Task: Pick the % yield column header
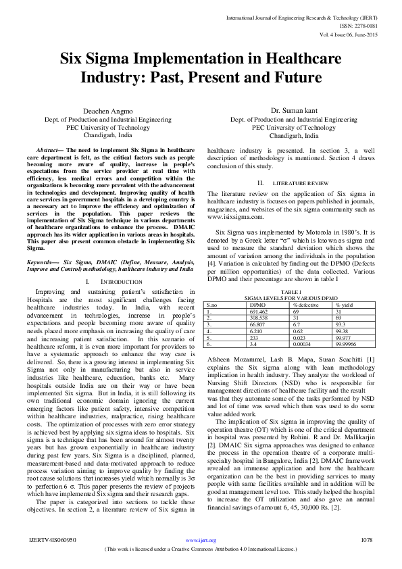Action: click(x=345, y=305)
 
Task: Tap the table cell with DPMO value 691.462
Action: click(x=252, y=311)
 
